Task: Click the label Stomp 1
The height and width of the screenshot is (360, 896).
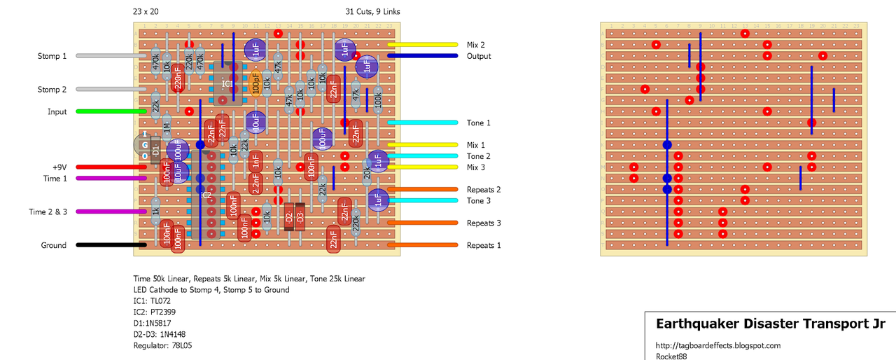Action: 52,56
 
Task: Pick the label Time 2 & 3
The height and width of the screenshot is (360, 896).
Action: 48,212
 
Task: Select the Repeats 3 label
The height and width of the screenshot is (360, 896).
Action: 484,223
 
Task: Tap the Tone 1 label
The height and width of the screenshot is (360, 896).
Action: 479,123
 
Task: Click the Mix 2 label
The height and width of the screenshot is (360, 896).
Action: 476,45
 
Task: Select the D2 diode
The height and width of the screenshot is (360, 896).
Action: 289,217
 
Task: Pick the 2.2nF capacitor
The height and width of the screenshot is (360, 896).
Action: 256,184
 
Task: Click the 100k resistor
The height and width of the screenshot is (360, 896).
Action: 378,100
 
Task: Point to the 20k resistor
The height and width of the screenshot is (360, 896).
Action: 367,172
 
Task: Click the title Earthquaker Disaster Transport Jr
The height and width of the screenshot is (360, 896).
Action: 770,324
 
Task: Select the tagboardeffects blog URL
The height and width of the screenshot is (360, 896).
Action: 717,345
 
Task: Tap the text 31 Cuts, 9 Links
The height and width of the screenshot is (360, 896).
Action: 372,12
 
